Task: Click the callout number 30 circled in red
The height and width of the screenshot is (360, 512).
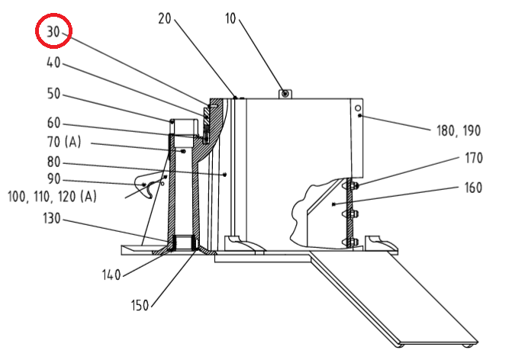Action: coord(53,32)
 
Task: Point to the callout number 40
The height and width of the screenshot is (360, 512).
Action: coord(53,65)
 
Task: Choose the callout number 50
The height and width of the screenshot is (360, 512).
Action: coord(53,95)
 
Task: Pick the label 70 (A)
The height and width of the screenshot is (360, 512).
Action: coord(65,142)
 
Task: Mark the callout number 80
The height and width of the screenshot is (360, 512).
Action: coord(53,162)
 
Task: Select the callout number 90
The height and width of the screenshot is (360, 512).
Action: coord(53,179)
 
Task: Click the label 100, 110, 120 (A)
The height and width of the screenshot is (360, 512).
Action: coord(51,196)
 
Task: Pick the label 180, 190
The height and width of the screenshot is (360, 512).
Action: coord(459,131)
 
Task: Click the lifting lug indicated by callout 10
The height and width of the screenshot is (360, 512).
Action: coord(285,93)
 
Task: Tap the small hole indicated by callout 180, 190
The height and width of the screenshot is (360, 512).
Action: coord(357,111)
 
